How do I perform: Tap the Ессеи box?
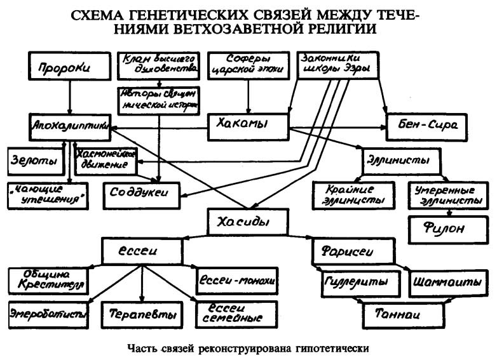138,251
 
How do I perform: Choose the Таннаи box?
395,312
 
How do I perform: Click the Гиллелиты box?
354,281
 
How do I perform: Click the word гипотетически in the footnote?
332,348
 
